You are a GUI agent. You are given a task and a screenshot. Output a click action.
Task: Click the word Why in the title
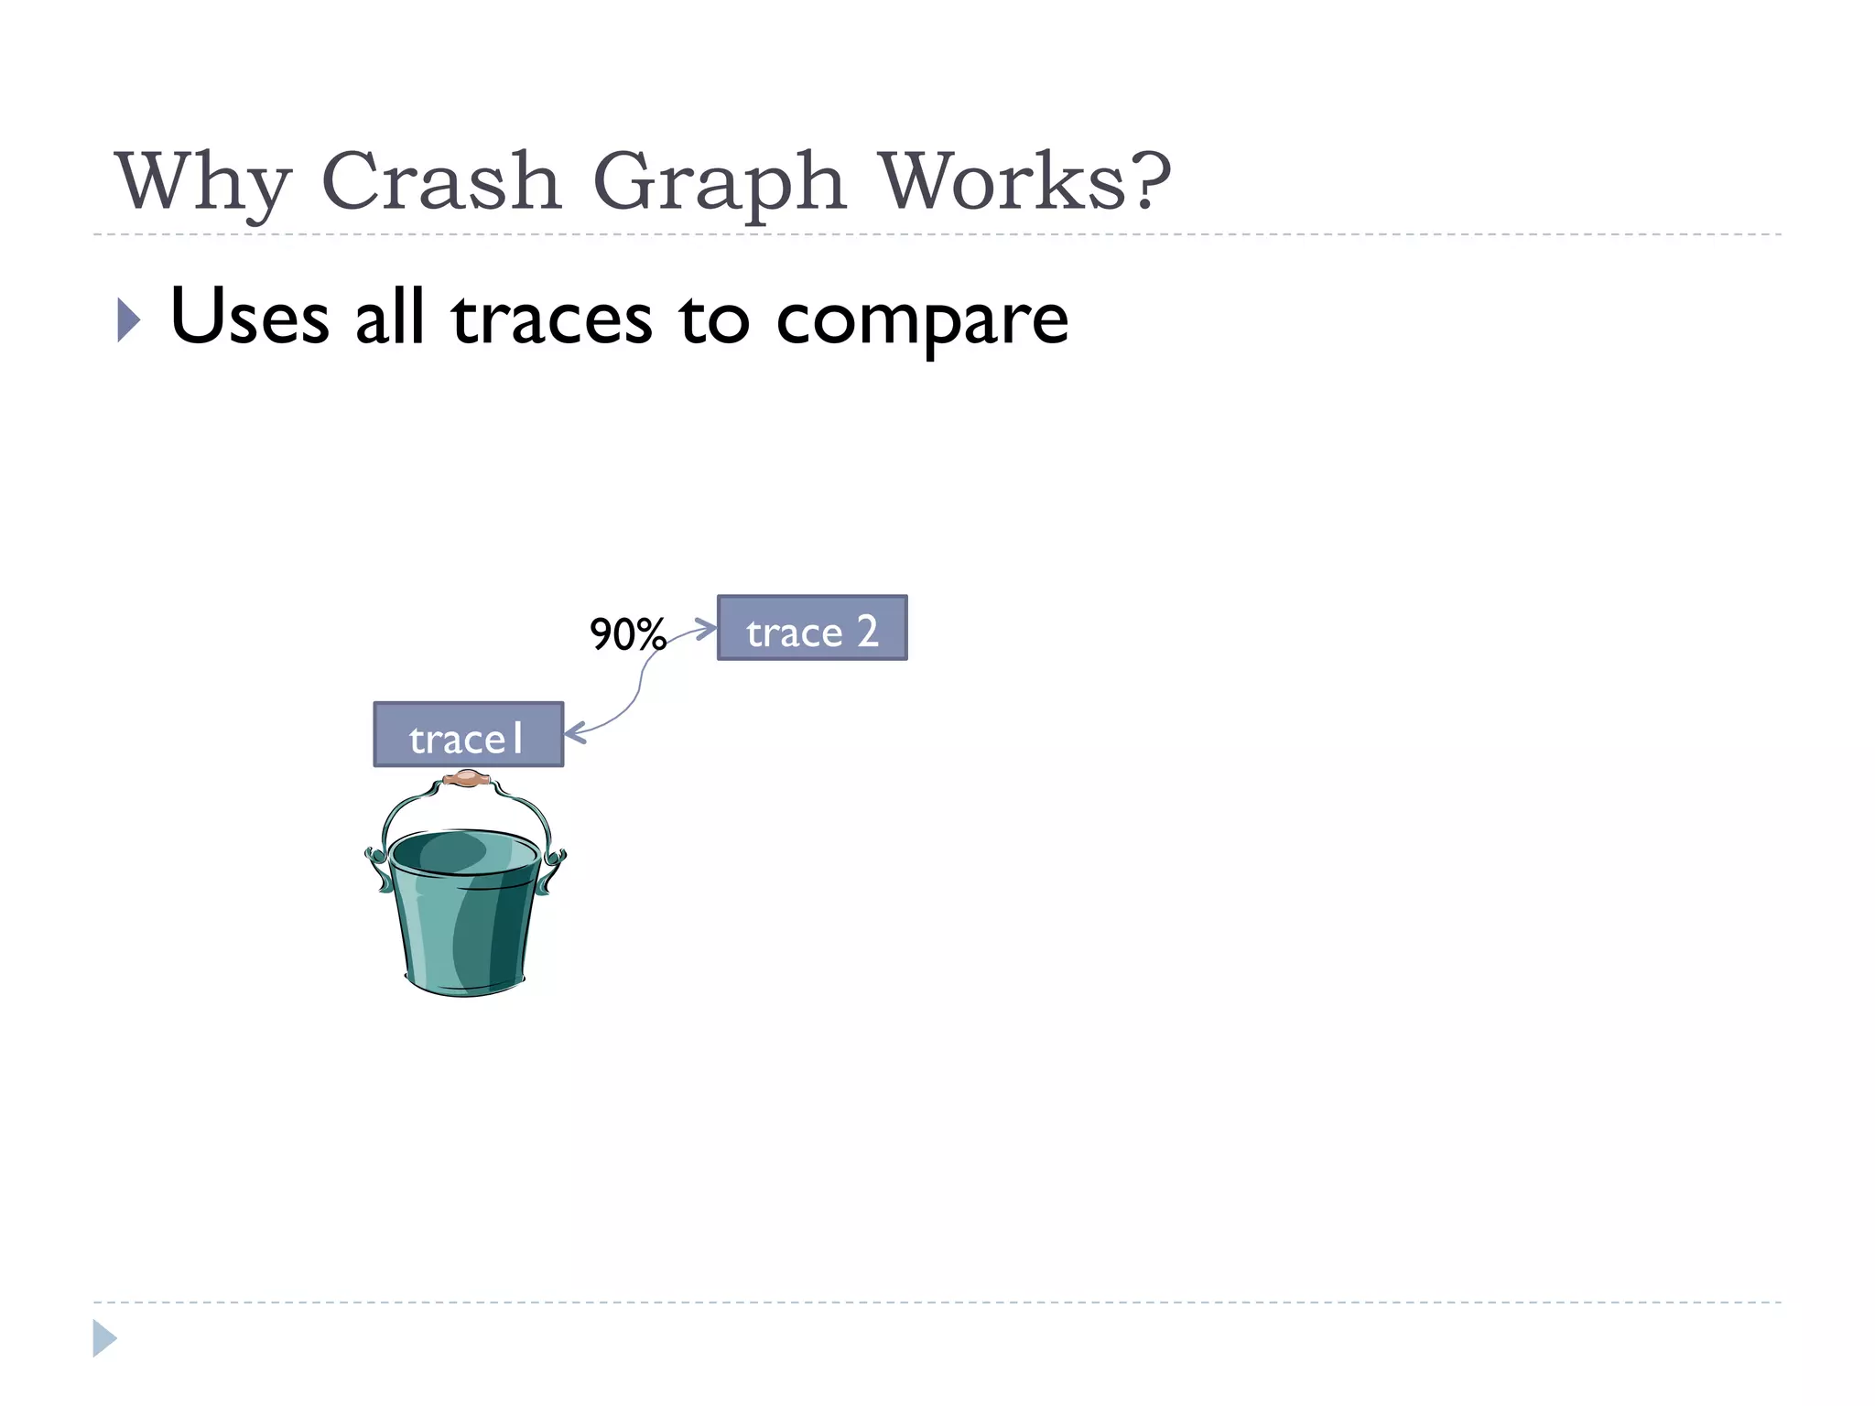tap(202, 181)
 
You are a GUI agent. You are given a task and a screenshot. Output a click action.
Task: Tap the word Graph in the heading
tap(719, 181)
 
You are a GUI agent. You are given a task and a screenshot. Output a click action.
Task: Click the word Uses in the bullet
tap(249, 317)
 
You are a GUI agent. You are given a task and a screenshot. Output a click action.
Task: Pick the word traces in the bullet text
tap(551, 319)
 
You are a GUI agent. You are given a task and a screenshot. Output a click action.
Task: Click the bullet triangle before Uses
tap(129, 319)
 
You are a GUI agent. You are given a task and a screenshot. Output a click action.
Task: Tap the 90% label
tap(627, 634)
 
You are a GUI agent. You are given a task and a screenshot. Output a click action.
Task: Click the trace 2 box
tap(812, 628)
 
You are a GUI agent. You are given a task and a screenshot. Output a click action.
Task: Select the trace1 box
tap(468, 734)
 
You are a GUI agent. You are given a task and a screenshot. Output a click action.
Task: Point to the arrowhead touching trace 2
tap(706, 629)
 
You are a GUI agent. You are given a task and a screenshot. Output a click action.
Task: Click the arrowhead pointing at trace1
tap(574, 733)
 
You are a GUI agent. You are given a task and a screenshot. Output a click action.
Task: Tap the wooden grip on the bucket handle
tap(468, 779)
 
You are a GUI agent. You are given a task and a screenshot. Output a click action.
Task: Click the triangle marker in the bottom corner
tap(104, 1338)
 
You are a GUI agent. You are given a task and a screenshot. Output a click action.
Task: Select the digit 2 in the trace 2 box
tap(867, 631)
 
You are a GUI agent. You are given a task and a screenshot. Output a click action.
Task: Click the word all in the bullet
tap(390, 317)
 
